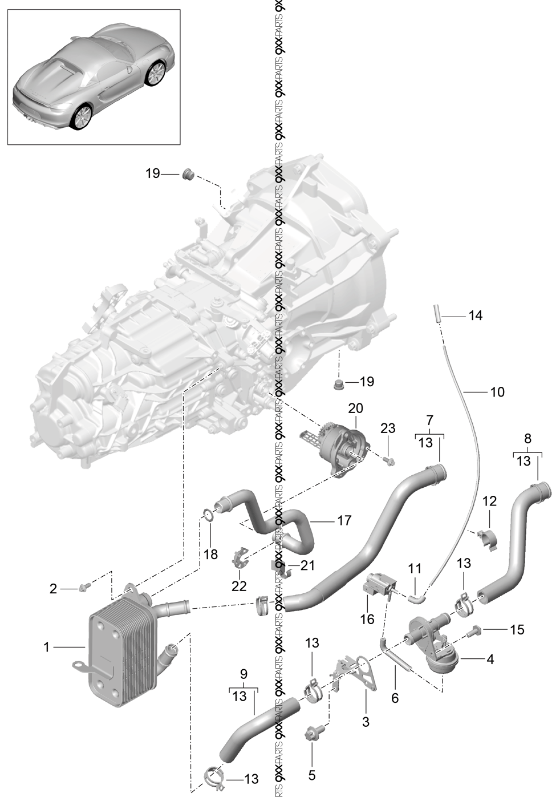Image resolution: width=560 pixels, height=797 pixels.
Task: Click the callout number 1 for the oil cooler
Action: pyautogui.click(x=47, y=647)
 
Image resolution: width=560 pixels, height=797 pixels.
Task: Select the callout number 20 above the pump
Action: pyautogui.click(x=355, y=408)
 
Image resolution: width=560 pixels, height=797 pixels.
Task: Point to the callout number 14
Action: pyautogui.click(x=475, y=315)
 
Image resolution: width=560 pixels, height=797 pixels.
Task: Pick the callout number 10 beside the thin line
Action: pyautogui.click(x=497, y=392)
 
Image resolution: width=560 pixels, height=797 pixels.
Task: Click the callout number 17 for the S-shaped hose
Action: pyautogui.click(x=344, y=520)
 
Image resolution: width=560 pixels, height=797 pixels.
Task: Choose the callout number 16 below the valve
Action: pyautogui.click(x=367, y=619)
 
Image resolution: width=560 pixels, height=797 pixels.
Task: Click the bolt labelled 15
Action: pyautogui.click(x=473, y=631)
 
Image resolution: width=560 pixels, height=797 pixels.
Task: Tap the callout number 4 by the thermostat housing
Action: pyautogui.click(x=490, y=660)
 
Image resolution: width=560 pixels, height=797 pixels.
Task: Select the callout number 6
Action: pyautogui.click(x=395, y=698)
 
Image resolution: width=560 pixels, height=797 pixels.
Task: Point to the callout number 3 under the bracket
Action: pyautogui.click(x=366, y=722)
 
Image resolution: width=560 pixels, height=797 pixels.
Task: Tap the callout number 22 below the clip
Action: pyautogui.click(x=239, y=585)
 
